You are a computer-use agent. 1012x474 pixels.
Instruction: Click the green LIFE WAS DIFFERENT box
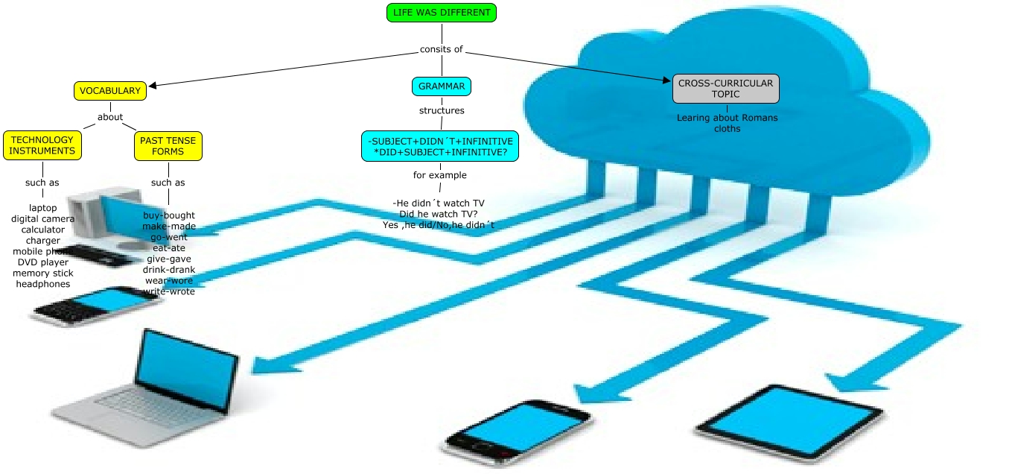coord(442,13)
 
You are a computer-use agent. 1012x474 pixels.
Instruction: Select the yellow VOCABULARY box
coord(110,91)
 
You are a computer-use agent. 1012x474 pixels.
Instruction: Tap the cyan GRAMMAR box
coord(442,86)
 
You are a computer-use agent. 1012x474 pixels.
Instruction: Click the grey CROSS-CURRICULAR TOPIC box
coord(726,89)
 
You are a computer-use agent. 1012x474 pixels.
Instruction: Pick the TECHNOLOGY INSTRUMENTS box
coord(42,145)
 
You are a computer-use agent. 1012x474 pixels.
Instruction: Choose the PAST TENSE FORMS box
coord(168,145)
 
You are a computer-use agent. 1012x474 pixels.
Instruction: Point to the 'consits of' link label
coord(441,50)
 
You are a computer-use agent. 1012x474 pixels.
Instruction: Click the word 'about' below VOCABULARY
coord(110,118)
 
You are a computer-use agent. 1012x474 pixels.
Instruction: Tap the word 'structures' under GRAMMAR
coord(442,111)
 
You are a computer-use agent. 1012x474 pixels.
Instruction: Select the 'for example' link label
coord(440,176)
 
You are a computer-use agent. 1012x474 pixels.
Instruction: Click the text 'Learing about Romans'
coord(727,118)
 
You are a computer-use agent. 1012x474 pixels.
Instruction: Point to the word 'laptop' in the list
coord(43,208)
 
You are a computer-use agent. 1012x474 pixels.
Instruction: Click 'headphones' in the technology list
coord(43,284)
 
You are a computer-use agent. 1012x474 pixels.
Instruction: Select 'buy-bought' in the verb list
coord(169,215)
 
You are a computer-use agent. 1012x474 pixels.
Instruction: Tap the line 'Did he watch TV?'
coord(439,214)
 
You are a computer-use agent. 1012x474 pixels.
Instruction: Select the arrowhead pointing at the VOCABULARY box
coord(153,86)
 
